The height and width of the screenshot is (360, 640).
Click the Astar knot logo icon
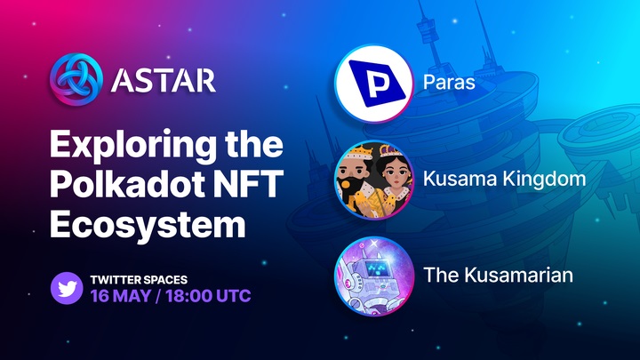76,80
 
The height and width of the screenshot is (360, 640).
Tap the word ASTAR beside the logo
164,80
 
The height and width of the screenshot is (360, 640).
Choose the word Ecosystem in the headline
148,225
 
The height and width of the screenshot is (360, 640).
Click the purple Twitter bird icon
67,288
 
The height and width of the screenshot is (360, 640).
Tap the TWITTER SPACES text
139,280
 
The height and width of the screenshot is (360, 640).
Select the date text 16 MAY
121,296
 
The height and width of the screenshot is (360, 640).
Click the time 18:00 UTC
208,296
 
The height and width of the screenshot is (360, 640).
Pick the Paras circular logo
373,84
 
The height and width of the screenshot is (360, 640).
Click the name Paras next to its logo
449,82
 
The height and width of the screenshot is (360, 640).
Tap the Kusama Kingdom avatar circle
374,180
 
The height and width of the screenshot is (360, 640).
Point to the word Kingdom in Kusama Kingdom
545,180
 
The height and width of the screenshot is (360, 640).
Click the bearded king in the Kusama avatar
355,180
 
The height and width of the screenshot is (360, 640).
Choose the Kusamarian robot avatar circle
374,276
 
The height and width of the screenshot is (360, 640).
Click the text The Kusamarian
499,275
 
